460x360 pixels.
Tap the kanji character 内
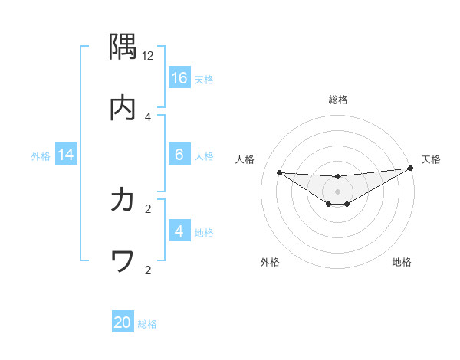123,108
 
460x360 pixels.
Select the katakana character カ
123,200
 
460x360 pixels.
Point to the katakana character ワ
123,262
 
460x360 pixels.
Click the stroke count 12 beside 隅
148,55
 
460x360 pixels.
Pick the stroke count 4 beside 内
148,116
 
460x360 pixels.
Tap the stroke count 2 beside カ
148,208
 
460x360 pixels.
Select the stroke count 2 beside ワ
148,270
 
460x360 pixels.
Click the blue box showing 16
179,78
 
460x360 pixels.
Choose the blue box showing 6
179,155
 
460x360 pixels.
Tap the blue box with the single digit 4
179,231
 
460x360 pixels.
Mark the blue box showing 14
66,155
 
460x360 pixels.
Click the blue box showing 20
123,322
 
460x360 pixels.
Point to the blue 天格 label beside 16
204,79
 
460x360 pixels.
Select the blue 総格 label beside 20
147,323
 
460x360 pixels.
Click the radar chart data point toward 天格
410,169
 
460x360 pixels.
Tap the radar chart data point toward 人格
279,172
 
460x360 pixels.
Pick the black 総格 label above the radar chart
338,100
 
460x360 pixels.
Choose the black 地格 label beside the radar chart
402,262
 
